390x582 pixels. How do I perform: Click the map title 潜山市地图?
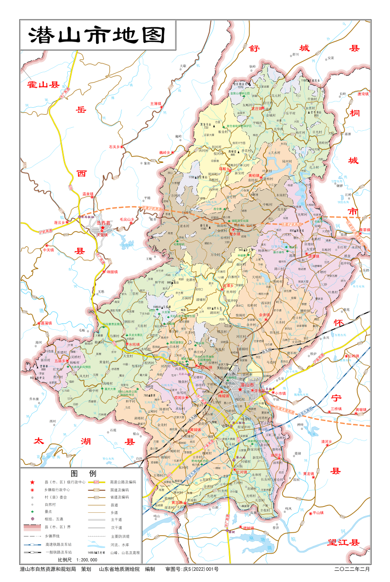(x=97, y=35)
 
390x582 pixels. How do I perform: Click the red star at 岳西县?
(x=102, y=228)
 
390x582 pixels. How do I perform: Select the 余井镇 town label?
(x=264, y=315)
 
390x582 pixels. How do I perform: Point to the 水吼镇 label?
(x=133, y=344)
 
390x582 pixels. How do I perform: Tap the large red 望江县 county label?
(x=344, y=542)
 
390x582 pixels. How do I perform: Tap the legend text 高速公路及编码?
(x=123, y=482)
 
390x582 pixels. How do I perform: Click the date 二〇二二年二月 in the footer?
(x=352, y=569)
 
